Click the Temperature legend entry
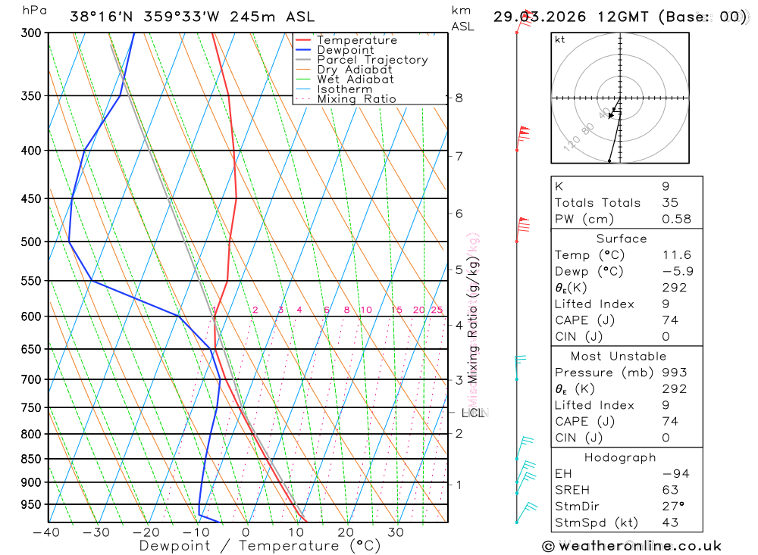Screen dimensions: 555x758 click(356, 40)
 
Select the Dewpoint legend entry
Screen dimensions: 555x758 click(345, 50)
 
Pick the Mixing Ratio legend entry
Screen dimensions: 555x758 click(356, 98)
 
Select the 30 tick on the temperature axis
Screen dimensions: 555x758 click(396, 532)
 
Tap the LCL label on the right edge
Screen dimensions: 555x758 click(472, 413)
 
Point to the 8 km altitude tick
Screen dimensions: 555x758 click(459, 98)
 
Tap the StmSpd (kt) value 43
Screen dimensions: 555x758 click(670, 522)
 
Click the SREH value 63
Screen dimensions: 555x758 click(670, 490)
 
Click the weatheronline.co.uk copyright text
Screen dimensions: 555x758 click(631, 546)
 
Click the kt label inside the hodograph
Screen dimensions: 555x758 click(560, 39)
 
